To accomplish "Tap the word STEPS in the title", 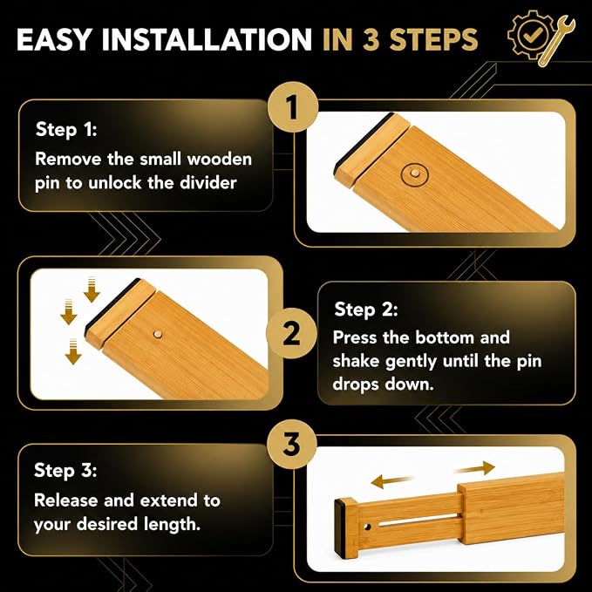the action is pos(433,39).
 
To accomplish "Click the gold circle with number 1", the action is pos(293,107).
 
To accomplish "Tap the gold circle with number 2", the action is pos(291,333).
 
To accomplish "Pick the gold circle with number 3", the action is pos(291,444).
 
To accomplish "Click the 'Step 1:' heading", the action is pos(66,130).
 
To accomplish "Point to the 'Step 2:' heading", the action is pos(366,310).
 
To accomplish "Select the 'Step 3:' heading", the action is pos(65,471).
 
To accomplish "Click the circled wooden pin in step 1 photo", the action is pos(414,174).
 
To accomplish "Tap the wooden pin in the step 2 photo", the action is pos(157,334).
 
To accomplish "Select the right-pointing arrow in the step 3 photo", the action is pos(474,468).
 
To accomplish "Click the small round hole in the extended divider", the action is pos(367,527).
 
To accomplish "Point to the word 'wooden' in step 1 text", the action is pos(220,159).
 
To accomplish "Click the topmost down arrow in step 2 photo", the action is pos(92,289).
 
